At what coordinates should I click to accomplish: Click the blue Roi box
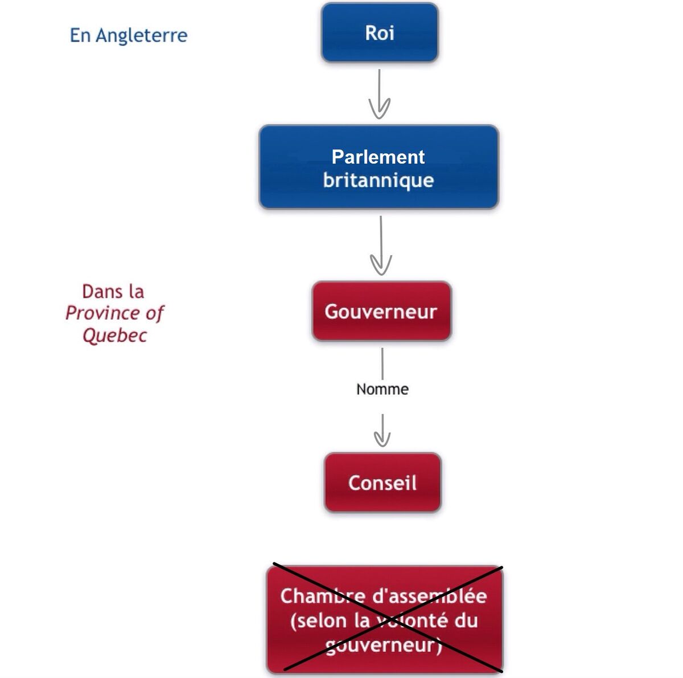[x=380, y=32]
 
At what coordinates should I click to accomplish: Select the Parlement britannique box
[x=378, y=168]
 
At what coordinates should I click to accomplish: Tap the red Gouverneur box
[x=381, y=311]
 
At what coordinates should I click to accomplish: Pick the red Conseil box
[x=382, y=483]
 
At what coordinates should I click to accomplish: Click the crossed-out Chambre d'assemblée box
[x=385, y=619]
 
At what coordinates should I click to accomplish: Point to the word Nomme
[x=382, y=389]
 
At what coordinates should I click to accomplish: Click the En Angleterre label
[x=129, y=35]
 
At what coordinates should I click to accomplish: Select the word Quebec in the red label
[x=114, y=335]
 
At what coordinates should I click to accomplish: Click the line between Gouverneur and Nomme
[x=382, y=363]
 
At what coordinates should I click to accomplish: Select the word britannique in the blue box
[x=378, y=180]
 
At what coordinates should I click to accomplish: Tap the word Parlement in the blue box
[x=378, y=157]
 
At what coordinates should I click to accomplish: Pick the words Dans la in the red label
[x=113, y=291]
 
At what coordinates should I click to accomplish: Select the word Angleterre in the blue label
[x=141, y=35]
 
